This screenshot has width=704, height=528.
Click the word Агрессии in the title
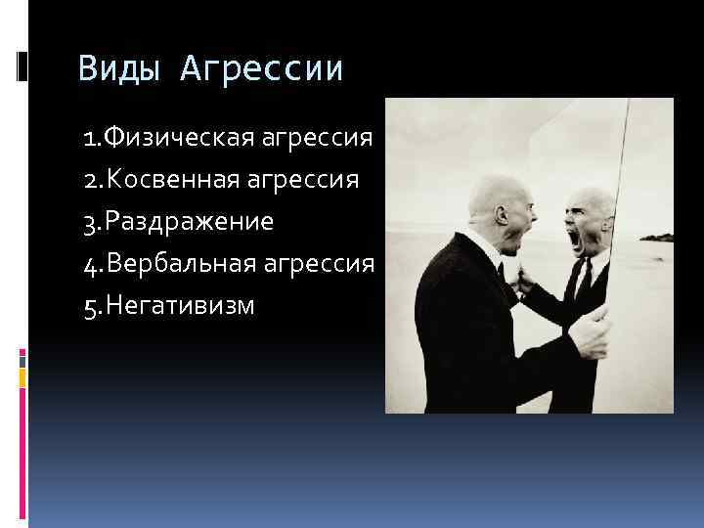click(262, 70)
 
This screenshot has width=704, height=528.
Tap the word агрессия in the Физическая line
click(318, 139)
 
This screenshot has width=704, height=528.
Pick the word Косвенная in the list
click(174, 180)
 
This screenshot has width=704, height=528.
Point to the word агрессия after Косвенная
click(306, 180)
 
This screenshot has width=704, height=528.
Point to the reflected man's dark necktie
click(585, 284)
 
